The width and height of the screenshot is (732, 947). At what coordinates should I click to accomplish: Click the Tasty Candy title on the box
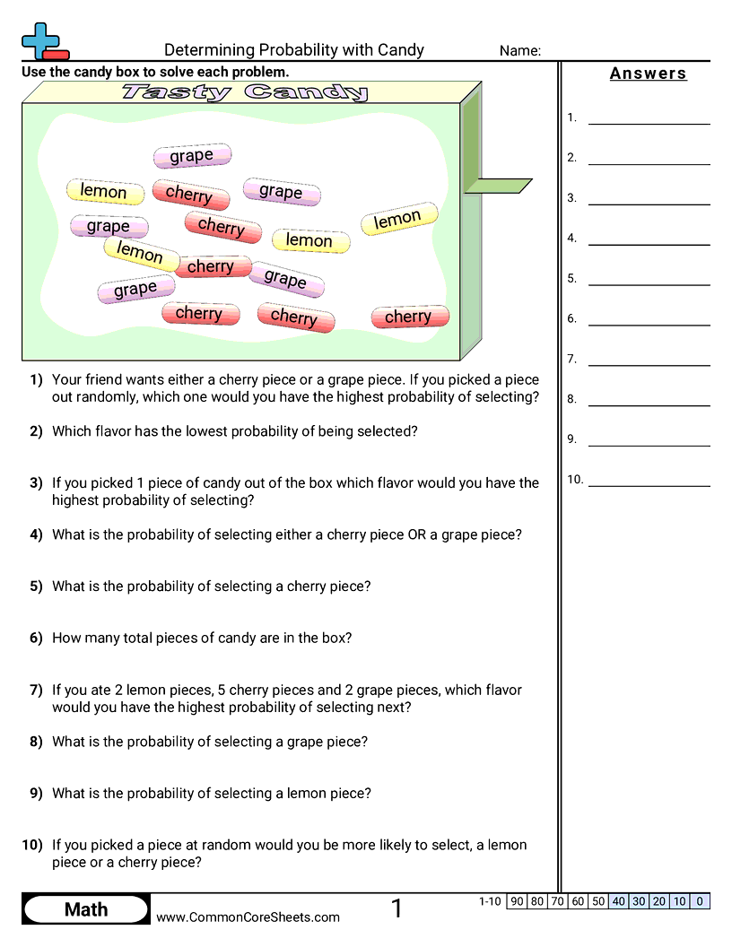coord(244,91)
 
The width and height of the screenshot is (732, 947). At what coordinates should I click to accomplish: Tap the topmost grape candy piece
coord(191,156)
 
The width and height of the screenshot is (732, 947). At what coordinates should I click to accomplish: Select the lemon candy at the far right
coord(398,219)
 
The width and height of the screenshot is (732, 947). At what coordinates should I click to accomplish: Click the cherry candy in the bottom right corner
coord(409,317)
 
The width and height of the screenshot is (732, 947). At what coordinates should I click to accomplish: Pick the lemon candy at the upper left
coord(104,191)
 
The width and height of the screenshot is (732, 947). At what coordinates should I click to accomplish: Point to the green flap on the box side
coord(498,186)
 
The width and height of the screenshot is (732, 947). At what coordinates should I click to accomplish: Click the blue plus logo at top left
coord(43,40)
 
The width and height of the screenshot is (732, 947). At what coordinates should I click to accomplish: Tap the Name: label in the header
coord(520,51)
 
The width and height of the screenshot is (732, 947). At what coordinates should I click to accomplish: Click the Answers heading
coord(648,74)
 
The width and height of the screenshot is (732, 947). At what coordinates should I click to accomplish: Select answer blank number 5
coord(649,278)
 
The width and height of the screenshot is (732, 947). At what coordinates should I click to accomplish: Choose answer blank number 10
coord(649,480)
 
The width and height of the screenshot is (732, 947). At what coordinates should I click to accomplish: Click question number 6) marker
coord(36,639)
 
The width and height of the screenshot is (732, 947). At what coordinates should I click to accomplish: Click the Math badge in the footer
coord(86,909)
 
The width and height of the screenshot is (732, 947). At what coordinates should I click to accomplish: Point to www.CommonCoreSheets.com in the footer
coord(248,917)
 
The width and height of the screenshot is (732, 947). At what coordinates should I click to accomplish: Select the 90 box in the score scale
coord(517,901)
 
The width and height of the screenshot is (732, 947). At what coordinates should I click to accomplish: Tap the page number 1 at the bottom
coord(396,909)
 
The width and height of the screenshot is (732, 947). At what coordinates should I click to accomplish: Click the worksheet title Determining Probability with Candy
coord(293,50)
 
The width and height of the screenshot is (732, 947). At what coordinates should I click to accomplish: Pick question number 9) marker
coord(36,794)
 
